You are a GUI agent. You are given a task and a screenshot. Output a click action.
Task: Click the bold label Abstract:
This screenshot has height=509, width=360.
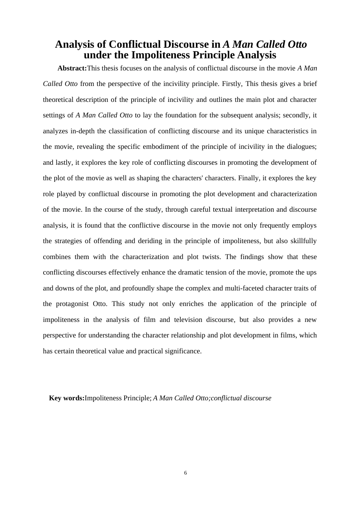(x=72, y=68)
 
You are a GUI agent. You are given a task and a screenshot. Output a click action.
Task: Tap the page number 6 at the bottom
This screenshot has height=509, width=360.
(x=185, y=473)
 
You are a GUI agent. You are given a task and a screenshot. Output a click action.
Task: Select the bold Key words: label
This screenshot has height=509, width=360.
(x=67, y=398)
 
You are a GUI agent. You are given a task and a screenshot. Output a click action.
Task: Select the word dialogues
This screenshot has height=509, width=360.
(x=302, y=147)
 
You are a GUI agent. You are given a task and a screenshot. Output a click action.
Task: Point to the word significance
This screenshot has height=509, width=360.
(x=180, y=351)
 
